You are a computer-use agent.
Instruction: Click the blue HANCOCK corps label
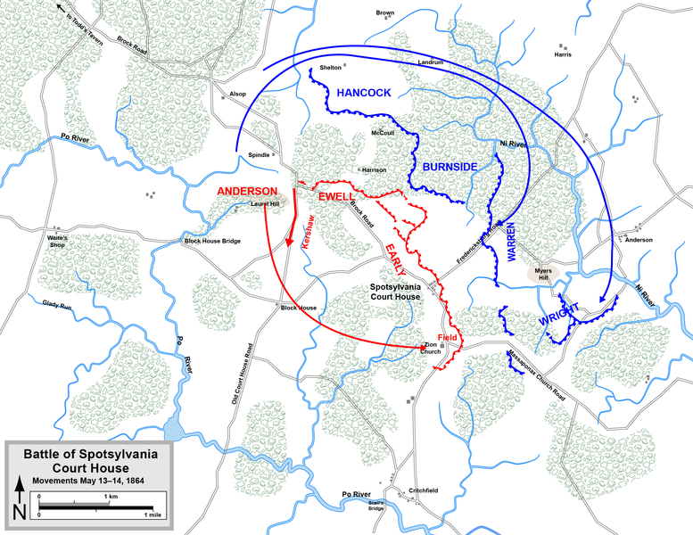click(364, 93)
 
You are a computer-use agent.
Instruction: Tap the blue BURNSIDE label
click(450, 167)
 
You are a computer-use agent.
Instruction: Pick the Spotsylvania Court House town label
click(397, 294)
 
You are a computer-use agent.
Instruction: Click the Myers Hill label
click(543, 272)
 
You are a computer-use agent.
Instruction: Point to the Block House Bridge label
click(211, 242)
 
